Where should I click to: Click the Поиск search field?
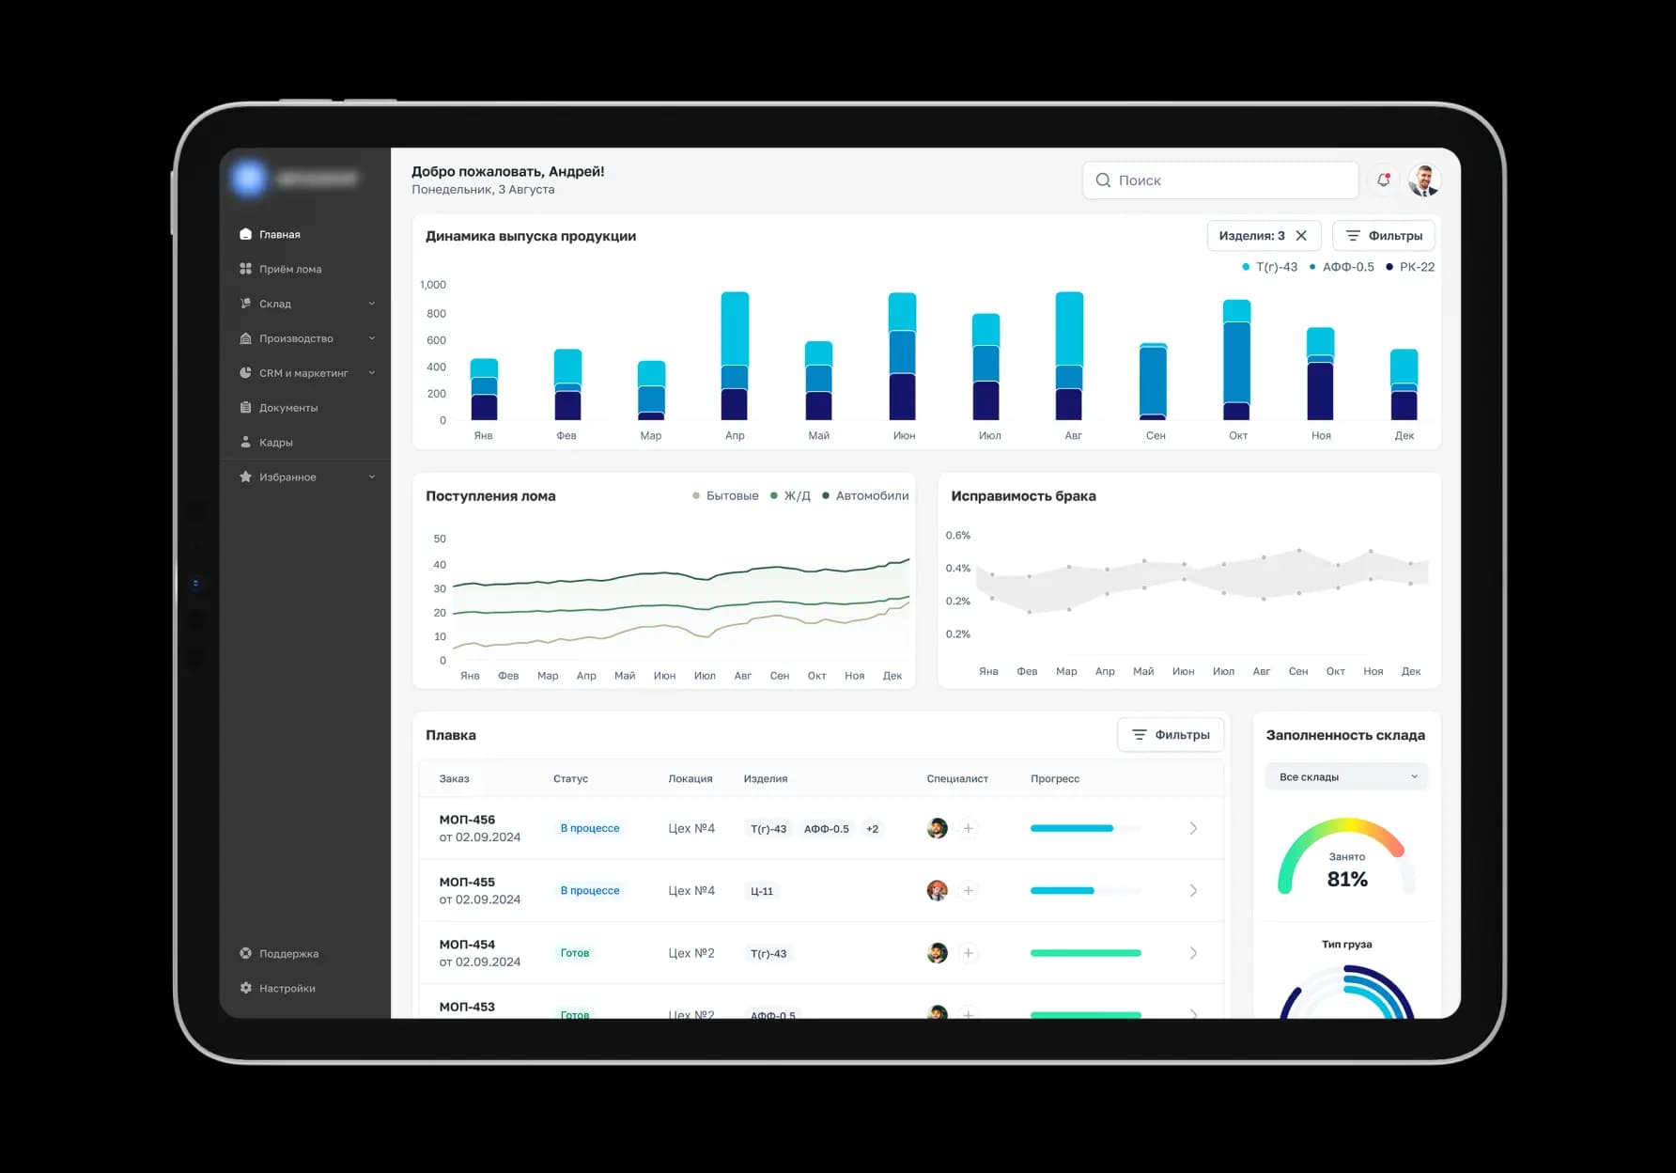coord(1221,180)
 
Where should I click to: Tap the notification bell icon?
coord(1383,180)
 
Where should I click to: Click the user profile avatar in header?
coord(1424,180)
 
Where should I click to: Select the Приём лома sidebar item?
coord(289,269)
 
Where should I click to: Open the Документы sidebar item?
coord(287,408)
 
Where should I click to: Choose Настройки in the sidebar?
coord(287,988)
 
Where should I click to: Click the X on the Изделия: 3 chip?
coord(1301,236)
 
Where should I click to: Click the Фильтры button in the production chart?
coord(1384,236)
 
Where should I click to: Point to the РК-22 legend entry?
coord(1416,267)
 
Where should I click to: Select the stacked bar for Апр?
coord(735,356)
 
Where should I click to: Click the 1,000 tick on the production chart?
coord(433,285)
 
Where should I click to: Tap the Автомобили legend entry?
coord(871,496)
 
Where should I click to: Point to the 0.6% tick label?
coord(958,536)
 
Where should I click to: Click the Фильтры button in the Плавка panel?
coord(1171,735)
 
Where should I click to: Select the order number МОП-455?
coord(467,882)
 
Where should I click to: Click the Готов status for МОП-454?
coord(575,953)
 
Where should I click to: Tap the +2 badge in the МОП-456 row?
coord(872,829)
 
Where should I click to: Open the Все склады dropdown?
coord(1346,777)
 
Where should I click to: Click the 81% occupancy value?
coord(1347,880)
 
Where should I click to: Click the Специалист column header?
coord(957,779)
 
